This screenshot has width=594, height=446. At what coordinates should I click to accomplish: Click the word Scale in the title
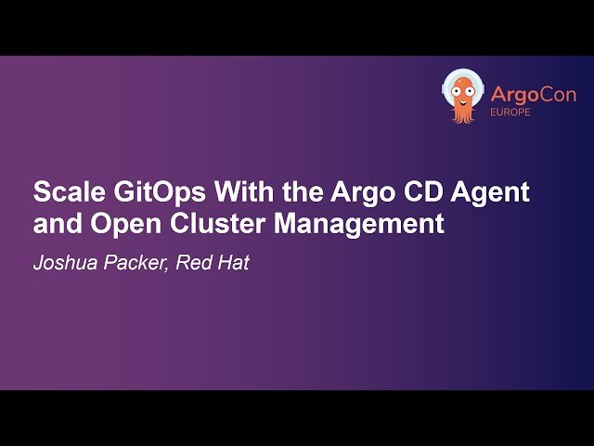click(65, 192)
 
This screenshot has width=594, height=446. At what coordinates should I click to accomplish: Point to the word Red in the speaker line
click(194, 263)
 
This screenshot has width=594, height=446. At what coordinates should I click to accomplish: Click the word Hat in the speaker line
click(232, 263)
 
